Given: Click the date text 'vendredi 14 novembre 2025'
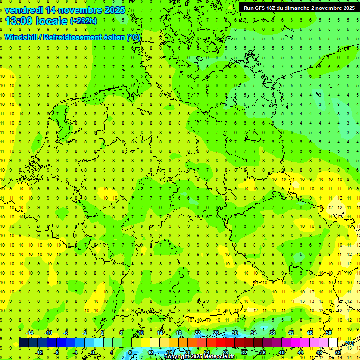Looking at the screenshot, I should [65, 9].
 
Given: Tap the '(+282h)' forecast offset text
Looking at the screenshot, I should [83, 21].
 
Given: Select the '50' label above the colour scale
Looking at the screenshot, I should [329, 333].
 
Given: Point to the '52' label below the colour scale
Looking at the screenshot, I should [338, 352].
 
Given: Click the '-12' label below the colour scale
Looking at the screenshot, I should [39, 352].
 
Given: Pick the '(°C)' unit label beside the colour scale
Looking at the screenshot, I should [349, 343].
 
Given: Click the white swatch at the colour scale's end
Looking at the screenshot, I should [333, 342].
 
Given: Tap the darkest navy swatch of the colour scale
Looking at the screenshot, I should [23, 342].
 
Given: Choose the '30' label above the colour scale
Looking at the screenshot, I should [235, 333].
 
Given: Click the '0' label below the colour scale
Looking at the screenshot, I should [93, 352].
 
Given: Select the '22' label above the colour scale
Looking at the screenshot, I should [197, 333].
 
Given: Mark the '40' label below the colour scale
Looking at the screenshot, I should [281, 352].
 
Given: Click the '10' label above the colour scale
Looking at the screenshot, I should [141, 333].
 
